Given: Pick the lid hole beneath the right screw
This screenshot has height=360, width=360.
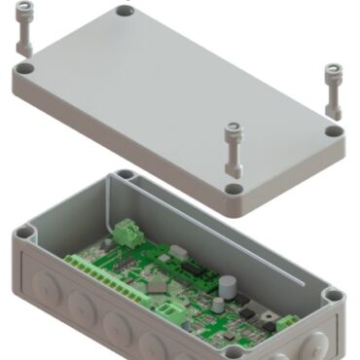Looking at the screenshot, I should [334, 130].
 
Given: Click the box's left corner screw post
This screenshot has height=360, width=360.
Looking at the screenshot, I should [26, 234].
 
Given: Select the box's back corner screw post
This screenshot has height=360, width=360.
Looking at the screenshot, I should [124, 178].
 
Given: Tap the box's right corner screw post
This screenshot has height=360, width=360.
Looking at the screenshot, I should [333, 295].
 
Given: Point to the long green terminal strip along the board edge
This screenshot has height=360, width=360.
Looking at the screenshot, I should [97, 265].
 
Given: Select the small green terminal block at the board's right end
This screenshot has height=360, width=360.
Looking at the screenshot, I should [288, 324].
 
